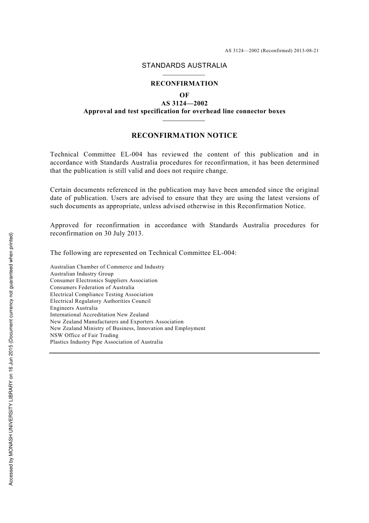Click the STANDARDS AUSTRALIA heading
point(184,65)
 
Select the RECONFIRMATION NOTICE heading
point(184,135)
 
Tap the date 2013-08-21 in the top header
point(306,51)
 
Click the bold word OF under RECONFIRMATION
point(184,95)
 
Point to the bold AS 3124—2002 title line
point(184,103)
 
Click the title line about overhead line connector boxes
point(184,111)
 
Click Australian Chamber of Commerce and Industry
point(107,267)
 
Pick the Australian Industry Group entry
point(82,274)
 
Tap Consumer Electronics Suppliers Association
point(104,281)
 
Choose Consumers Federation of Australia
point(92,288)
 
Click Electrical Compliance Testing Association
point(101,295)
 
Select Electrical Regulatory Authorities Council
point(100,301)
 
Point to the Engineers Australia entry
point(74,308)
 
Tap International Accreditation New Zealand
point(99,315)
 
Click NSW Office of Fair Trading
point(84,335)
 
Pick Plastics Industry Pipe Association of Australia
point(106,342)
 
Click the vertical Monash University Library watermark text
point(11,358)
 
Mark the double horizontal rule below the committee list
point(184,353)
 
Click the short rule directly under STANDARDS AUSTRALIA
point(183,75)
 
